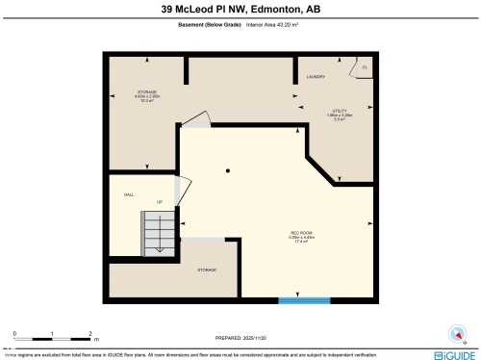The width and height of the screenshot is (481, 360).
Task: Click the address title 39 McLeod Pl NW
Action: coord(240,10)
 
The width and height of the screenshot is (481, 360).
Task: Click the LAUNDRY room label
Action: coord(316,76)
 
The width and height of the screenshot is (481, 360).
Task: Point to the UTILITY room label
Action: coord(339,111)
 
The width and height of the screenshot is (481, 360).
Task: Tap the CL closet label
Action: coord(364,67)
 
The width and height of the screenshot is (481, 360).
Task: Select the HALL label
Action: coord(128,194)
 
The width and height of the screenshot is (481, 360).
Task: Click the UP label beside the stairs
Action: coord(160,201)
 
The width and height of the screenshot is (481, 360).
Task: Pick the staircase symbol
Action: coord(159,231)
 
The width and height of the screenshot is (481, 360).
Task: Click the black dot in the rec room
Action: coord(228,171)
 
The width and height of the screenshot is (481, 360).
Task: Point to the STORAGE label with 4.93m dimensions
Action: coord(146,92)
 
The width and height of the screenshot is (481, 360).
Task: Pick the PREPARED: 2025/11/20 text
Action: coord(240,339)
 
